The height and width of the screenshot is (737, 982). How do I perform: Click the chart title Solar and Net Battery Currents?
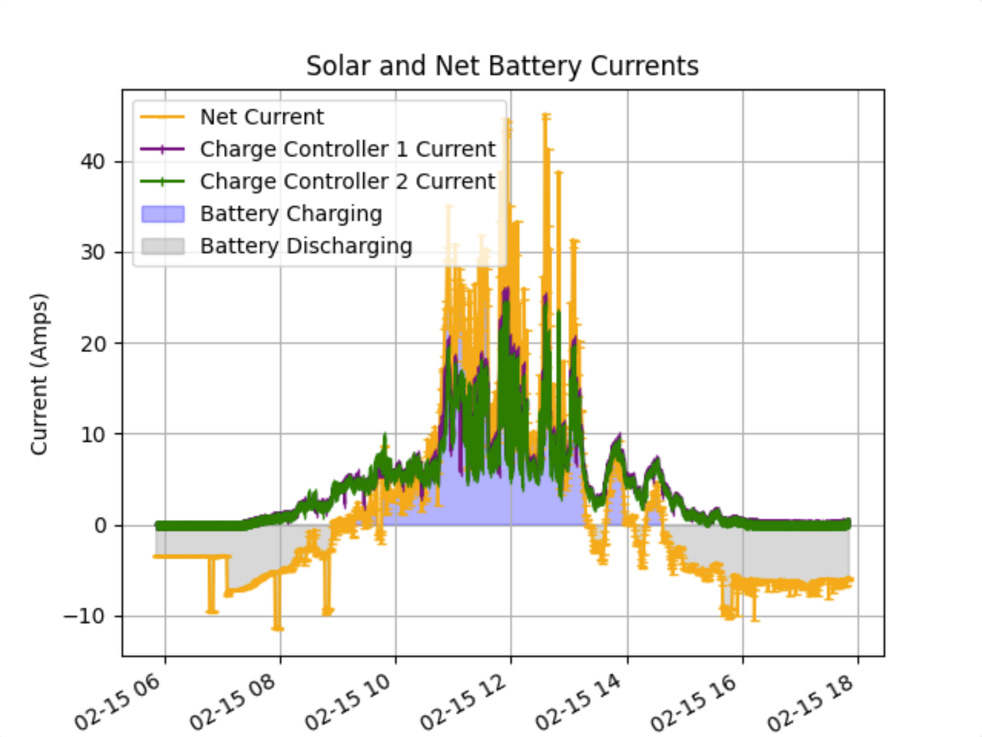(502, 66)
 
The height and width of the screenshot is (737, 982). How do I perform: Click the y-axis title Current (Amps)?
(38, 374)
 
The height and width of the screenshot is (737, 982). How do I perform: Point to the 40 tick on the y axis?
(93, 162)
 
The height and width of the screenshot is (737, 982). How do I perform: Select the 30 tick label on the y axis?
(93, 253)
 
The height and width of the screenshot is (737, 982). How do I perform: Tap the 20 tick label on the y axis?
(93, 344)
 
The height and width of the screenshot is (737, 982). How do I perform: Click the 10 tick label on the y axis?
(93, 435)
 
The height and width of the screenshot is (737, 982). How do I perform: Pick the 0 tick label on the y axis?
(100, 526)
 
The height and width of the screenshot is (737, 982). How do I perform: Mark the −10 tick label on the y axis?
(85, 617)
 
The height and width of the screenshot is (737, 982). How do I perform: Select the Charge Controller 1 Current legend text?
(348, 149)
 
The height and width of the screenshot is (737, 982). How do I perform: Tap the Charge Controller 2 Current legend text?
(348, 182)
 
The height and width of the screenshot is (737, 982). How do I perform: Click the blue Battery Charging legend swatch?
(163, 215)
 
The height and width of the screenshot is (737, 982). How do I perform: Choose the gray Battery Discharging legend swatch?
(163, 247)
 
